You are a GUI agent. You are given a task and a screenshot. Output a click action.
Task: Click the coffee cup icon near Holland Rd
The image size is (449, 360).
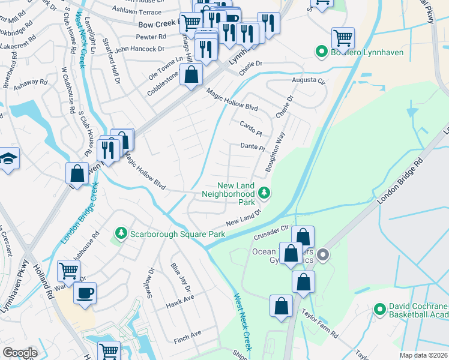pyautogui.click(x=85, y=293)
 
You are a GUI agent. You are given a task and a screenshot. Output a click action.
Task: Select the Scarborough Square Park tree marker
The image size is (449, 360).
pyautogui.click(x=121, y=232)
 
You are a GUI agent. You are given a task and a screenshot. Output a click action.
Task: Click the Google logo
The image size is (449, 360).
pyautogui.click(x=20, y=353)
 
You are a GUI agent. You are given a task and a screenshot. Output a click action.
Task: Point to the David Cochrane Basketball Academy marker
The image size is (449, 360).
pyautogui.click(x=379, y=309)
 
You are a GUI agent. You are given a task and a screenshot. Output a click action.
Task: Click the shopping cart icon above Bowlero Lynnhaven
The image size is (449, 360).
pyautogui.click(x=343, y=38)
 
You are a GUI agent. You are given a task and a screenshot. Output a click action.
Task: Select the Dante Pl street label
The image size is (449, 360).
pyautogui.click(x=253, y=146)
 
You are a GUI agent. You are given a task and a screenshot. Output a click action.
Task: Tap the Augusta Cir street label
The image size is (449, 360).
pyautogui.click(x=308, y=80)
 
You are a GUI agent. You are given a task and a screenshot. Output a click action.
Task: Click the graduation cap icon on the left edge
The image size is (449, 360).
pyautogui.click(x=8, y=159)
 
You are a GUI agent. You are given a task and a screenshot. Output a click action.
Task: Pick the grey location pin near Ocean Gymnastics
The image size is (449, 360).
pyautogui.click(x=323, y=255)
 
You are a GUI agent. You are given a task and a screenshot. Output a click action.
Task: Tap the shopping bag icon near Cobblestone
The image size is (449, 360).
pyautogui.click(x=191, y=76)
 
